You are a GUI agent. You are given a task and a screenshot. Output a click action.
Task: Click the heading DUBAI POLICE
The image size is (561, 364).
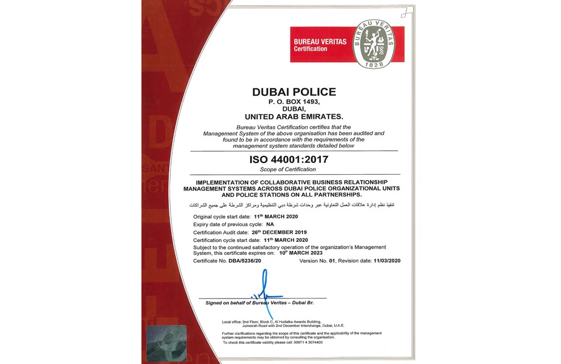click(x=294, y=92)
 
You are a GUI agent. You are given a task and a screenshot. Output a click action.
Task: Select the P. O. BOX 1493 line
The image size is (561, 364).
click(x=294, y=103)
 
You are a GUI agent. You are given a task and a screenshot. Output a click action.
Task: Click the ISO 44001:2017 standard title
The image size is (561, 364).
click(x=288, y=160)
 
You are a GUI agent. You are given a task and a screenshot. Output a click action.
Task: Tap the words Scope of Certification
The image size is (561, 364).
click(x=288, y=170)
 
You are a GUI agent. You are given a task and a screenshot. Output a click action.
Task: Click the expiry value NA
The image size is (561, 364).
click(x=286, y=223)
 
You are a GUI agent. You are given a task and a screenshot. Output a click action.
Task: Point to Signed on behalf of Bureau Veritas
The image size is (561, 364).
click(x=259, y=303)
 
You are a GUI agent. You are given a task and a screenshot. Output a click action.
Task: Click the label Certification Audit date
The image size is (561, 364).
click(x=222, y=232)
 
